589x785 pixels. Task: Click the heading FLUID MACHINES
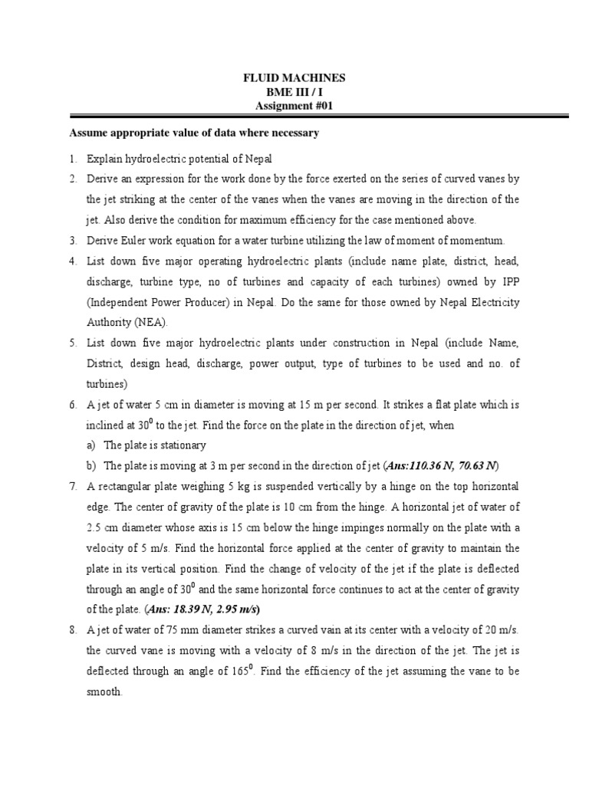coord(294,78)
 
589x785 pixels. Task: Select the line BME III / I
coord(294,92)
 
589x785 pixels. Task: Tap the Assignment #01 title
coord(294,106)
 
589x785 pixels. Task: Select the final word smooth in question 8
coord(104,691)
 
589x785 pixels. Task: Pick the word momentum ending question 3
coord(479,240)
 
